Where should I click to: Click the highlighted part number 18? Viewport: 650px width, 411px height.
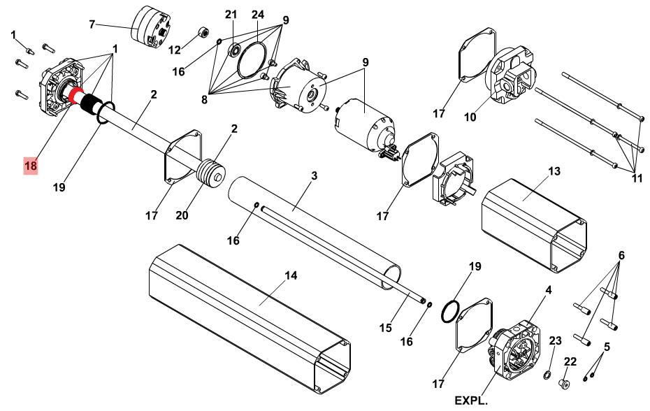coord(31,166)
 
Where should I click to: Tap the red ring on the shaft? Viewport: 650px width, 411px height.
coord(75,96)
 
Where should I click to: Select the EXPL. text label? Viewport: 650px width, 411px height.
coord(471,401)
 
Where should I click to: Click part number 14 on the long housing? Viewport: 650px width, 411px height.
coord(291,275)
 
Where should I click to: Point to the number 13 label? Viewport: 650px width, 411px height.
coord(554,171)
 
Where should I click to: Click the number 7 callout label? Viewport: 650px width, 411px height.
coord(92,24)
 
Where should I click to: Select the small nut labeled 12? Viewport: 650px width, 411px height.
coord(203,32)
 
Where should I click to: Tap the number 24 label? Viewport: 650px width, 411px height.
coord(257,15)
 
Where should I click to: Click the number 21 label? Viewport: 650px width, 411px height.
coord(231,15)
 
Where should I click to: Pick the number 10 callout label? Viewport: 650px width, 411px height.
coord(470,117)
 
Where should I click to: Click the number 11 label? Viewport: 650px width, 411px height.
coord(637,178)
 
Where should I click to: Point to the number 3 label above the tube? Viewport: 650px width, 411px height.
coord(314,176)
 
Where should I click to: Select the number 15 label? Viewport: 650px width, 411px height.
coord(386,328)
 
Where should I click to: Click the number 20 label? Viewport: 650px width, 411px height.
coord(182,215)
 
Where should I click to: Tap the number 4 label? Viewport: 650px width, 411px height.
coord(549,290)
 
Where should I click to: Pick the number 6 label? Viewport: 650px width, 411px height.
coord(621,255)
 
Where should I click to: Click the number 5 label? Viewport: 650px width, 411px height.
coord(607,347)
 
